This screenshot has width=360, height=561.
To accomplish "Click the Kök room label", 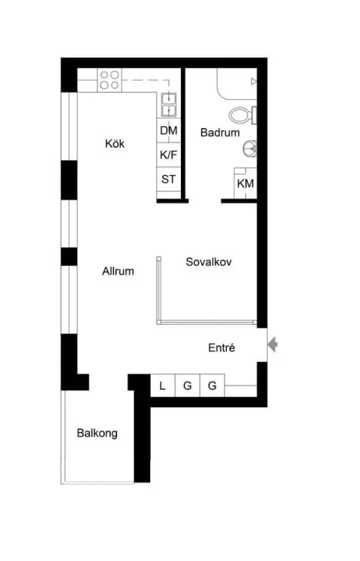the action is coord(115,143).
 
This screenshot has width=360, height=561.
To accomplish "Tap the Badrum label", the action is coord(220,132).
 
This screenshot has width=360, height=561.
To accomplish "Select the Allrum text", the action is coord(118,271).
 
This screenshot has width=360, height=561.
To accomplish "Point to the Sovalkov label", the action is coord(209,262).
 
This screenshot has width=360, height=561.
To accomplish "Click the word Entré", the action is coord(221,348).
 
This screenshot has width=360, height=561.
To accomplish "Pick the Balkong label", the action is coord(97,433).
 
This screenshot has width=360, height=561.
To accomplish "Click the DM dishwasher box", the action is coord(169,131).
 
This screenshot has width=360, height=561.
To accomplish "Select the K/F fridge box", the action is coord(169,155).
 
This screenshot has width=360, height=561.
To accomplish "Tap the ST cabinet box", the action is coord(169,179).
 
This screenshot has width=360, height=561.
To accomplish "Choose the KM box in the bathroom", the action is coord(245,183).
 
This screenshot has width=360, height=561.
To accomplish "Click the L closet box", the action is coord(163,385).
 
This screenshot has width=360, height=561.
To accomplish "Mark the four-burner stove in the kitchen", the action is coord(110,80).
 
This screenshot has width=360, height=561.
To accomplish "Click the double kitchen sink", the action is coord(169,104).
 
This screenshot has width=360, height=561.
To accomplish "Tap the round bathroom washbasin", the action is coord(250,148).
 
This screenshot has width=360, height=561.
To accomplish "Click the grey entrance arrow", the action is coord(272,345).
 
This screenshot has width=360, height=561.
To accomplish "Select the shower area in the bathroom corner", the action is coord(237,84).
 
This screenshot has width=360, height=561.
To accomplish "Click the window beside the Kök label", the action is coord(69,126).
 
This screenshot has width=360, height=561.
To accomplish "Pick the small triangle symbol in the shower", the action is coord(254,82).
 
